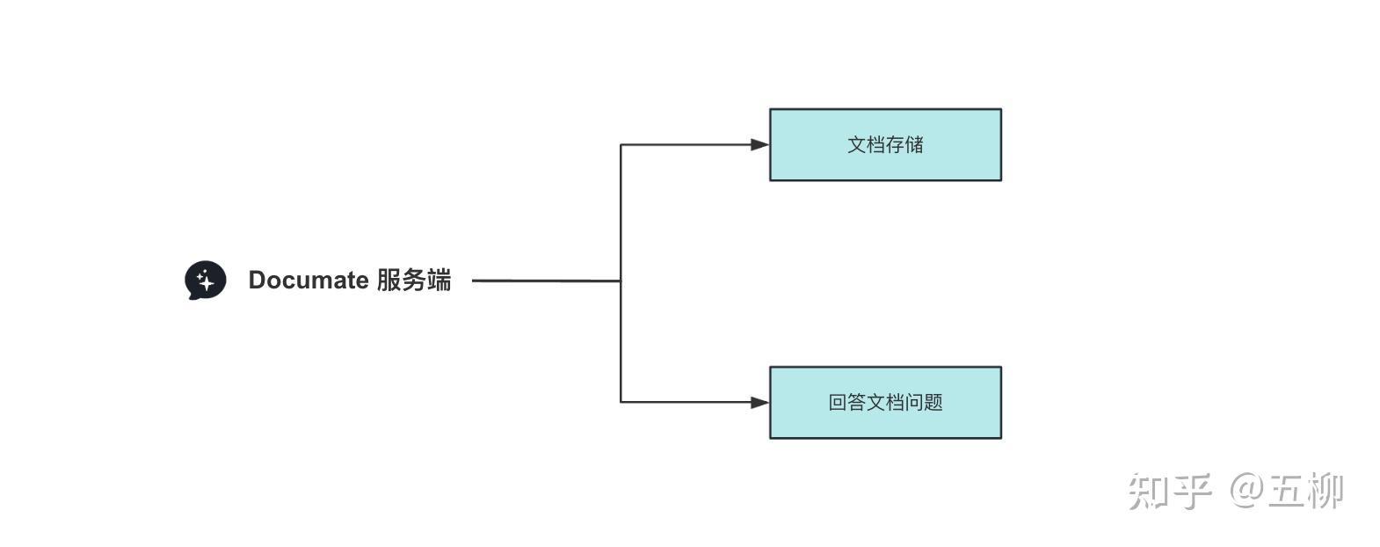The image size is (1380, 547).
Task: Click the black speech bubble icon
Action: click(205, 281)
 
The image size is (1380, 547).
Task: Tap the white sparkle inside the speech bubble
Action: click(206, 281)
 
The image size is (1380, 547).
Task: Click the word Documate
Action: click(309, 281)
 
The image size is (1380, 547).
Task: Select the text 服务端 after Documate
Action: click(414, 281)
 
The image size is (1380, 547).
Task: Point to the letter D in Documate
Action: click(258, 281)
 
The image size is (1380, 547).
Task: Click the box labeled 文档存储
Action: click(885, 145)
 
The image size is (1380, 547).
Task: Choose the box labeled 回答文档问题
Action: click(885, 403)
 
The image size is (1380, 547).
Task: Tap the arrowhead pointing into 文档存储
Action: click(759, 145)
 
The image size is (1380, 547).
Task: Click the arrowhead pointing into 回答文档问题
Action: click(759, 403)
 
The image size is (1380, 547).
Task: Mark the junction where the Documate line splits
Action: click(621, 281)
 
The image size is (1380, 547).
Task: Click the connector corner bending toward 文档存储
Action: click(621, 145)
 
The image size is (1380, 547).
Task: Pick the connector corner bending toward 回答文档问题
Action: click(621, 402)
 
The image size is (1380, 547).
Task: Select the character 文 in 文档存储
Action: click(857, 145)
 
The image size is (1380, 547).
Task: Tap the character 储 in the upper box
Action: click(914, 145)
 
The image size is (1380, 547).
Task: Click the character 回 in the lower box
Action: click(838, 403)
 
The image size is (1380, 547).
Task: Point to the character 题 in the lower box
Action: click(933, 403)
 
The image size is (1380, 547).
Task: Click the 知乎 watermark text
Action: click(1170, 491)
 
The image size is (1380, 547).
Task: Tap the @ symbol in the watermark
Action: click(1246, 490)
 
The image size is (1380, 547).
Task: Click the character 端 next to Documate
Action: click(439, 281)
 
